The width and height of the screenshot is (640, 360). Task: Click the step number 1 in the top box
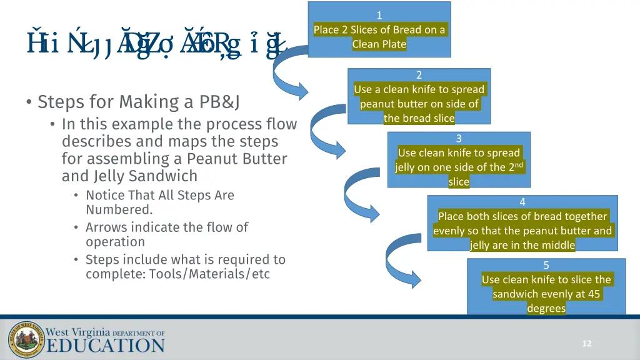tap(379, 16)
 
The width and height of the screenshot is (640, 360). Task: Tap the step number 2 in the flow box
tap(419, 75)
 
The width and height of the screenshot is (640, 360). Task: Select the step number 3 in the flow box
tap(459, 139)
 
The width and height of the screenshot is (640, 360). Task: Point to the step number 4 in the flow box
tap(522, 202)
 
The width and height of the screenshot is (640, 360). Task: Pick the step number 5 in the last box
tap(546, 266)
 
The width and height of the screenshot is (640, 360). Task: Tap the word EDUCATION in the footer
tap(106, 346)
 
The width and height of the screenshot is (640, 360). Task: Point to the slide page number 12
tap(586, 344)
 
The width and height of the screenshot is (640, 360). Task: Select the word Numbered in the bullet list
tap(118, 209)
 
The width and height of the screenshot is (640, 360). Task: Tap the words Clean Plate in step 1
tap(379, 44)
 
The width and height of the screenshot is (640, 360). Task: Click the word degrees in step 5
tap(546, 308)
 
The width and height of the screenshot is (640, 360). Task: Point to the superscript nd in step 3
tap(517, 164)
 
